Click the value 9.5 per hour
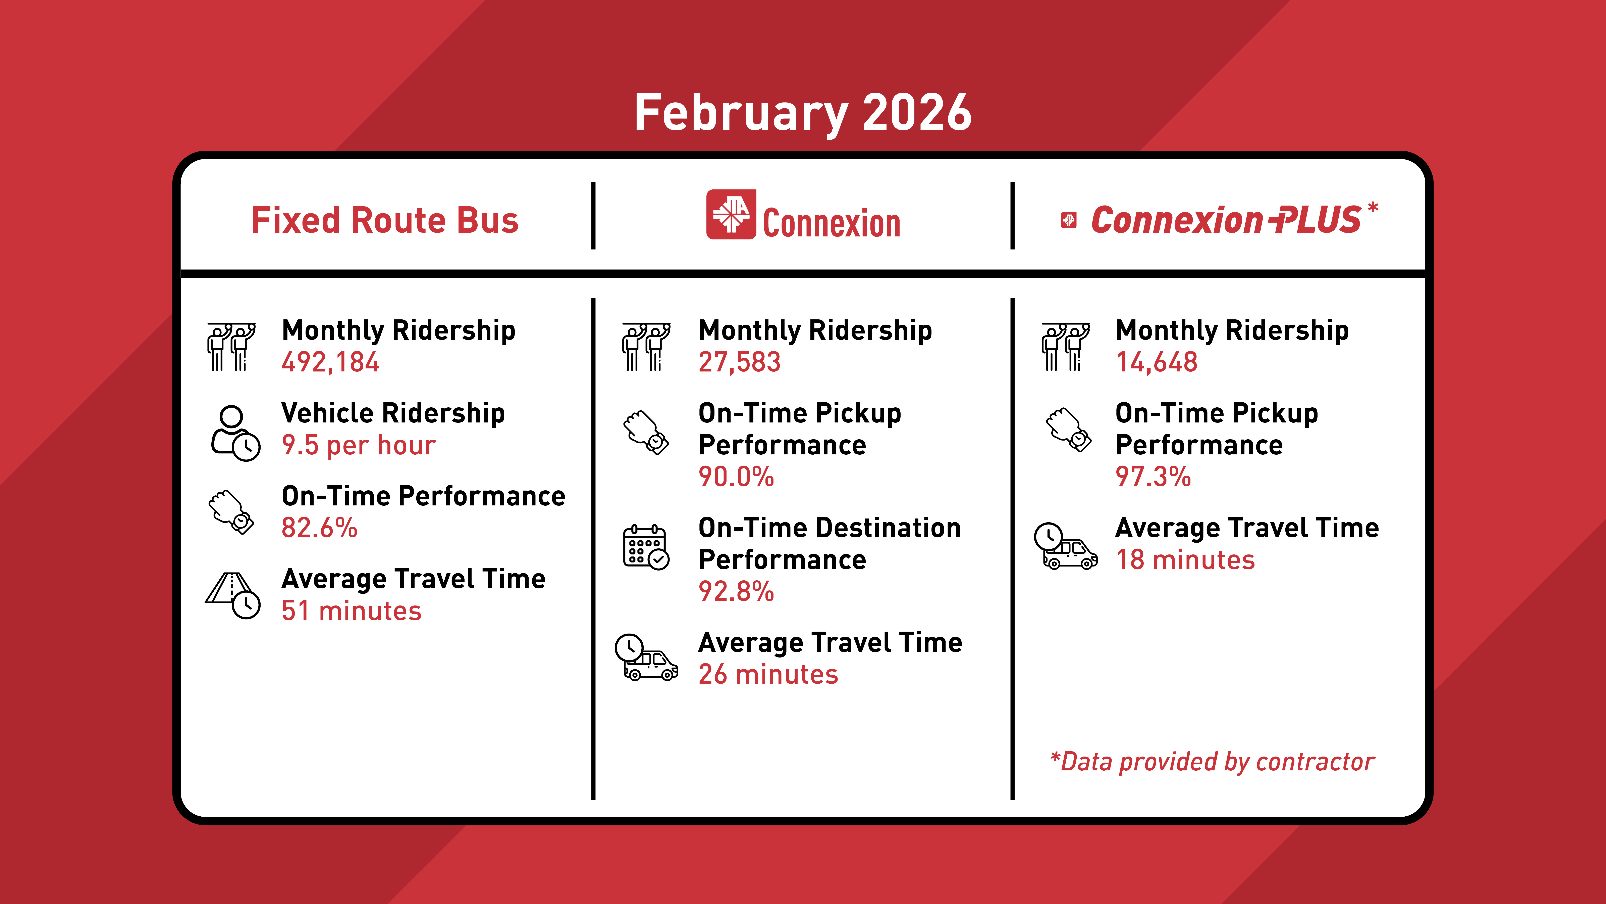click(x=359, y=445)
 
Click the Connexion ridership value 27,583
click(x=739, y=362)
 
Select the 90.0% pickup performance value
click(x=736, y=477)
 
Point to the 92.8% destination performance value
click(x=736, y=591)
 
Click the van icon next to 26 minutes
click(x=646, y=658)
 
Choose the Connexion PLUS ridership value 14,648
click(x=1157, y=362)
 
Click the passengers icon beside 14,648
click(x=1065, y=347)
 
